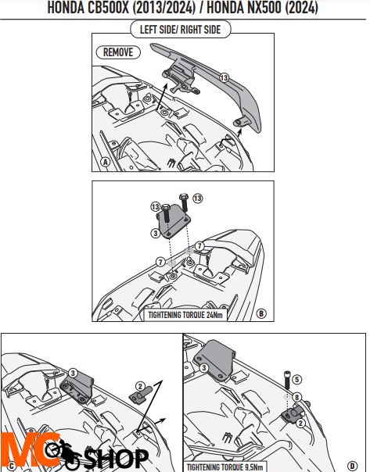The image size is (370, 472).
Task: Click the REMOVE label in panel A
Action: point(118,52)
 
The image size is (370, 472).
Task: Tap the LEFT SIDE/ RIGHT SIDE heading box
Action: point(181,30)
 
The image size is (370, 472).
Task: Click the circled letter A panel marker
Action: point(105,163)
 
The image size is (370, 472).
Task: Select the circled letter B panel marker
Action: point(261,313)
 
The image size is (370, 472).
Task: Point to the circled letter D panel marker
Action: point(352,466)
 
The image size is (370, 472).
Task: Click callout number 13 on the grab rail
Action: point(224,77)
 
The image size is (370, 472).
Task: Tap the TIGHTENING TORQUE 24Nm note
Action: point(185,315)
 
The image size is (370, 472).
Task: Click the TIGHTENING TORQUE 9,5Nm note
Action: point(225,467)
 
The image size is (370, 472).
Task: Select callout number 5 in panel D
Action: point(297,379)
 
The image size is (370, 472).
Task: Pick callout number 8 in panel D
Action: point(296,397)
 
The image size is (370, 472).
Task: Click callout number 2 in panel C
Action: point(140,386)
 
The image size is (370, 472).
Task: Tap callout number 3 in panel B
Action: point(156,233)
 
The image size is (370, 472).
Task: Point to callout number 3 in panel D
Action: point(204,367)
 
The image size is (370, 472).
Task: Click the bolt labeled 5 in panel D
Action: point(287,380)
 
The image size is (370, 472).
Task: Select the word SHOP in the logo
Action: point(117,459)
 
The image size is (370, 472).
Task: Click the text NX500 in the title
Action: point(264,8)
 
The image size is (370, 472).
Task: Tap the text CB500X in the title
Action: point(108,8)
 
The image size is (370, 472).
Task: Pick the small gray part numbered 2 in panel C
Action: point(141,395)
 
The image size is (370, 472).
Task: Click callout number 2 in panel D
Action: point(300,424)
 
